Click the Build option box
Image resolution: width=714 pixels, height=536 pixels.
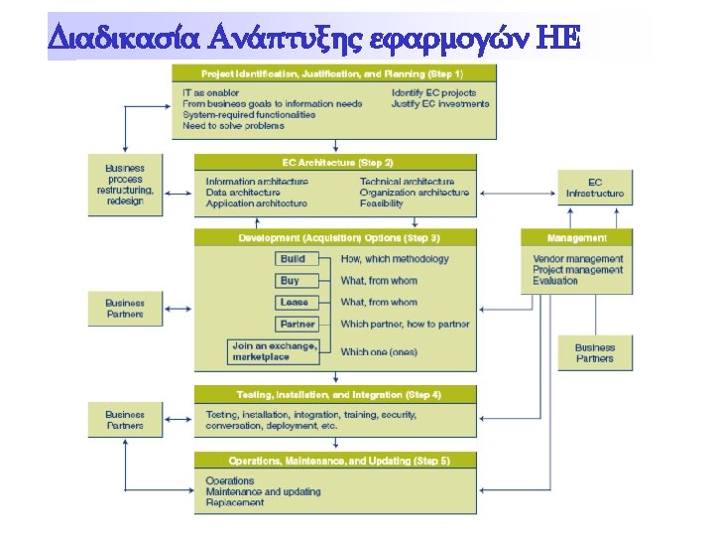(x=295, y=259)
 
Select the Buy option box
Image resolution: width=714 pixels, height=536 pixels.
(x=290, y=281)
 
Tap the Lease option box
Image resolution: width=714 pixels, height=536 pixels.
(x=295, y=303)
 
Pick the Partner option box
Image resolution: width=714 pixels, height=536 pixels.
(x=297, y=325)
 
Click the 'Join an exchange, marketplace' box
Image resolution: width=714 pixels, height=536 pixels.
(x=275, y=351)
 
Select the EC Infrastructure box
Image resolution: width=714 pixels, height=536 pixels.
(x=595, y=188)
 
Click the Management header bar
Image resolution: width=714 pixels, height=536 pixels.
(x=577, y=238)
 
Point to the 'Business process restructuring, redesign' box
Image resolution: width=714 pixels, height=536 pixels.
(x=125, y=184)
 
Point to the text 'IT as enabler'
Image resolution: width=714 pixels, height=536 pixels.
(x=211, y=93)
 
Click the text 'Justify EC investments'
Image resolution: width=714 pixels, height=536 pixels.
(x=440, y=104)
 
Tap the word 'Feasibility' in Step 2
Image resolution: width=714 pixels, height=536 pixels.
(x=382, y=203)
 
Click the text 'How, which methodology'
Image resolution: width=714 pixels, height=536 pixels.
(x=395, y=259)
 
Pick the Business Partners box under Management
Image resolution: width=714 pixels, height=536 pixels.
(x=595, y=353)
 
